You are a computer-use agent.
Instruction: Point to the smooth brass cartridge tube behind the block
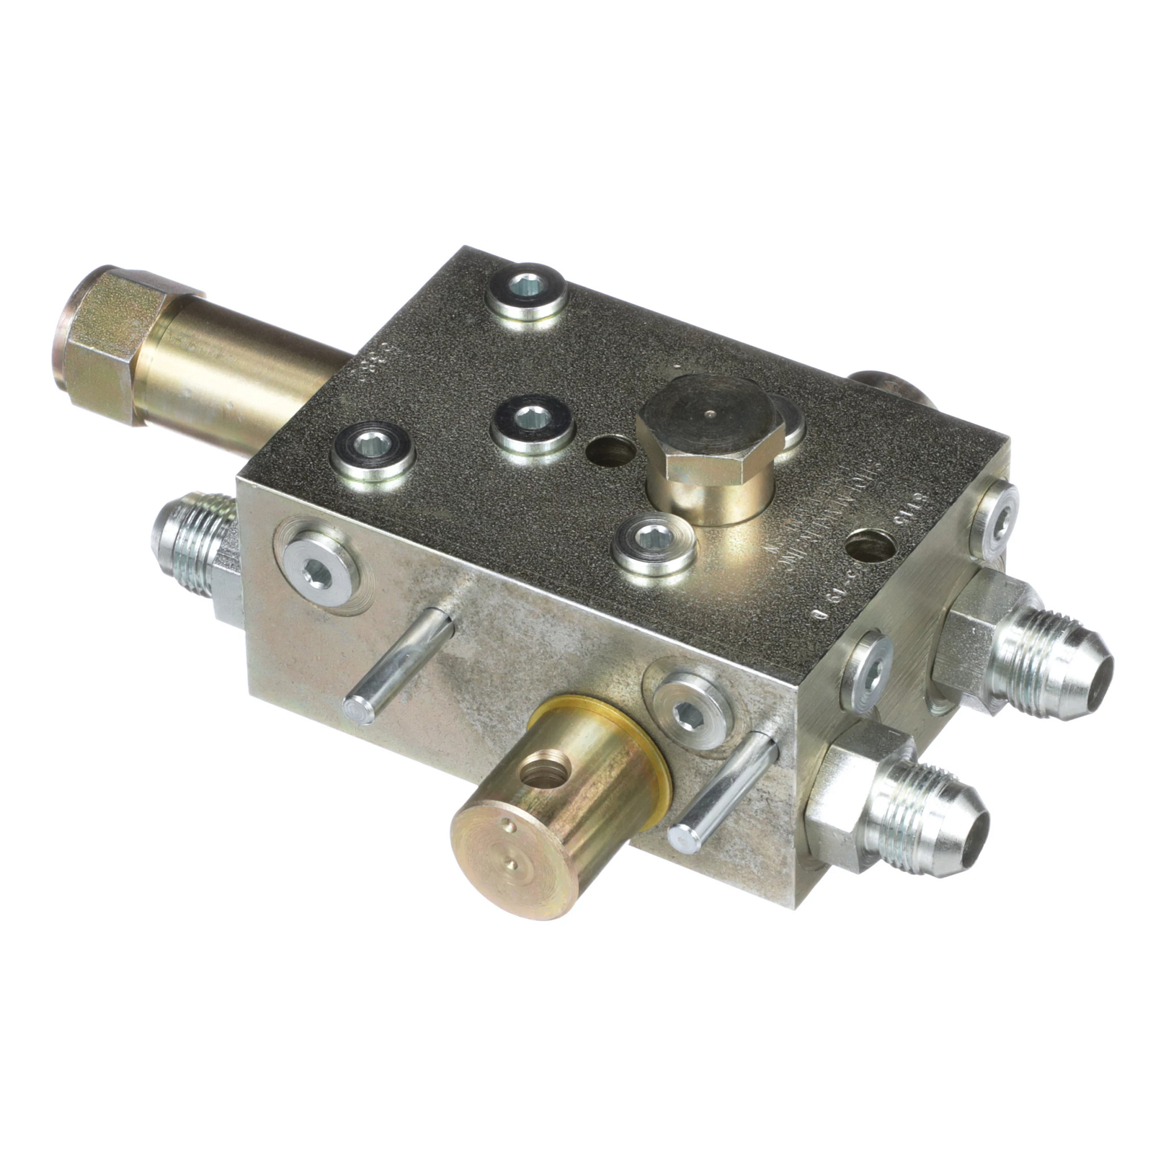click(241, 386)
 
